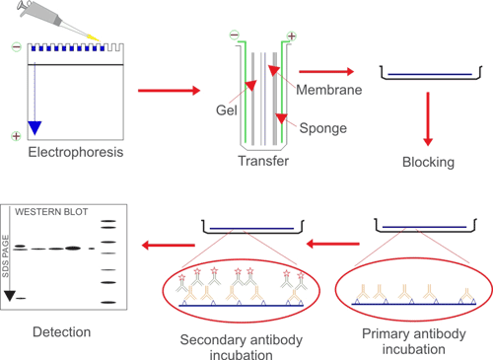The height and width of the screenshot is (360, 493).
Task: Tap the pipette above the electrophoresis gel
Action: pos(44,19)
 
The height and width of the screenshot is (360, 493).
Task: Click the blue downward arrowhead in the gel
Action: pos(35,125)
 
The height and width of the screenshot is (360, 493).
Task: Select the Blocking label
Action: pos(429,162)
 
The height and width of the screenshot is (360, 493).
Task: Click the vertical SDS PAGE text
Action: pos(9,246)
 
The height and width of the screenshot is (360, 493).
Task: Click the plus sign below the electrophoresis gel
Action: pos(15,136)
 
